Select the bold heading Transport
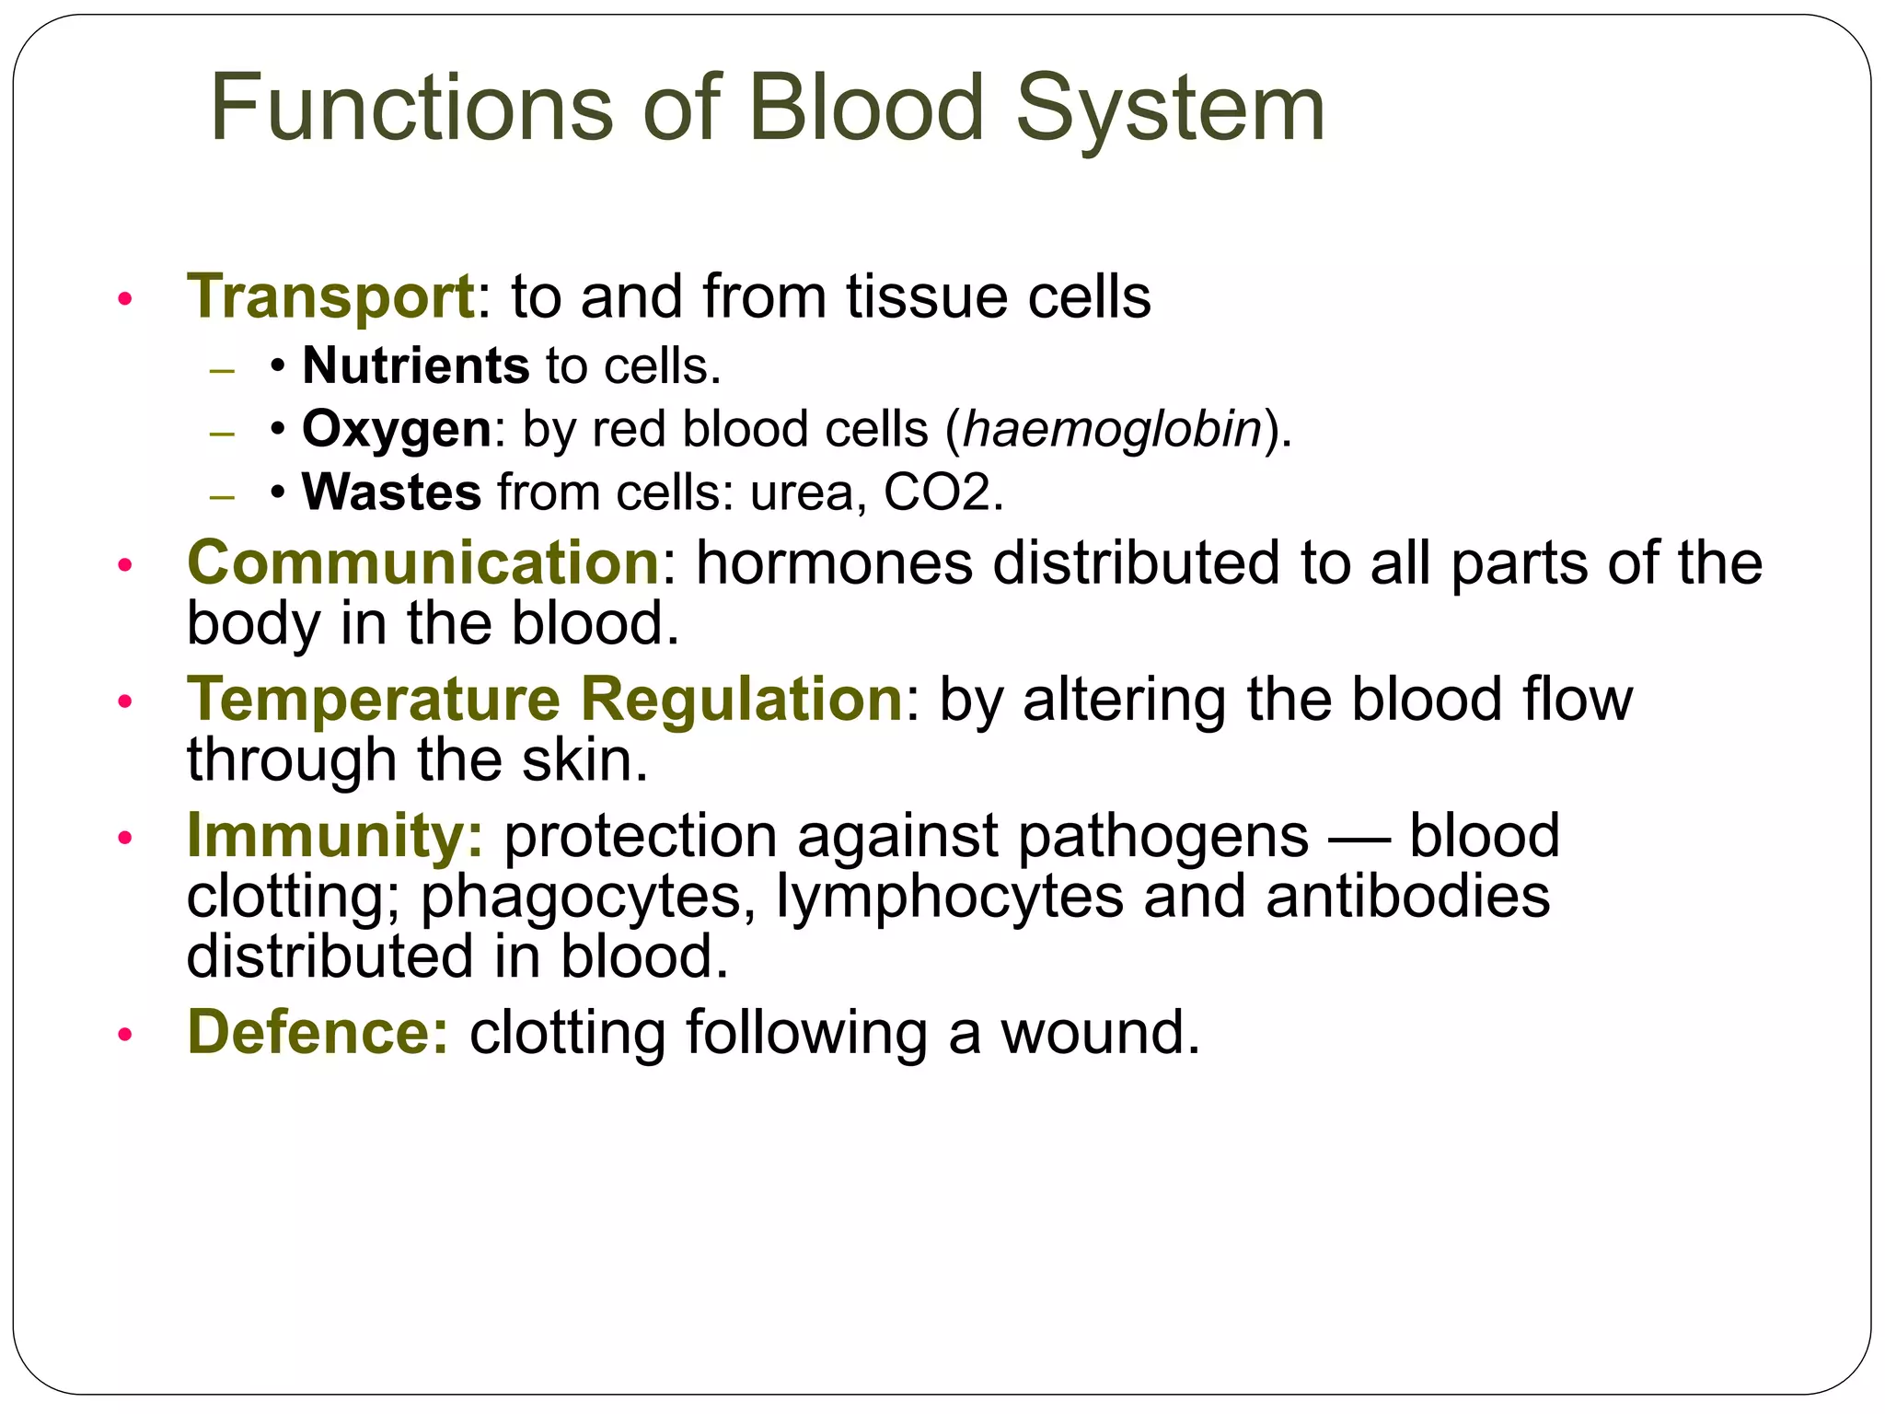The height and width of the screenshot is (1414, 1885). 330,297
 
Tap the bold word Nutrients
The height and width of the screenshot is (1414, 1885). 415,365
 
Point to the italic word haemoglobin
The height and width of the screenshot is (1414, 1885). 1111,429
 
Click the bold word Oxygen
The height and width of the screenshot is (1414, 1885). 397,430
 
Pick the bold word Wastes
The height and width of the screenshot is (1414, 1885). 391,493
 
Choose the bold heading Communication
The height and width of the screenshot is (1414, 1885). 422,562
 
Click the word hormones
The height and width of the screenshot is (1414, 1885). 834,562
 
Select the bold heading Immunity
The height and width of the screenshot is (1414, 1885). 333,836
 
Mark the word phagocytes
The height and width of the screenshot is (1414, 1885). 582,897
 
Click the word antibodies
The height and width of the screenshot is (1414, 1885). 1407,896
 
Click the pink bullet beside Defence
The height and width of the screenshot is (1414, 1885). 125,1035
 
